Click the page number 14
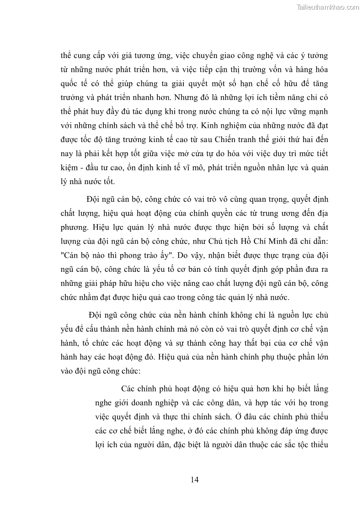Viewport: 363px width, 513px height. tap(194, 479)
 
